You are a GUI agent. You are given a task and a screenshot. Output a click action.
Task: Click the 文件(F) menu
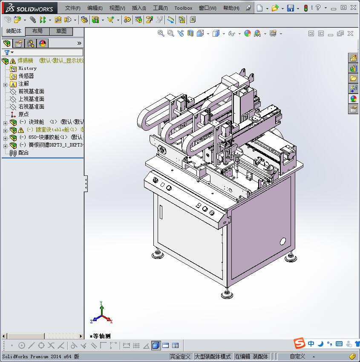(x=72, y=8)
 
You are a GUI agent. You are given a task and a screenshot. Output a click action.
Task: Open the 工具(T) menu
(x=160, y=8)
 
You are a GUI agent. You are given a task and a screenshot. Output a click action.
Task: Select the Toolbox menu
(x=183, y=8)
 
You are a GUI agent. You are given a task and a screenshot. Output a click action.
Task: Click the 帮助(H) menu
(x=231, y=8)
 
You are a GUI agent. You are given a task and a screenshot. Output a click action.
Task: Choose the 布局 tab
(x=37, y=31)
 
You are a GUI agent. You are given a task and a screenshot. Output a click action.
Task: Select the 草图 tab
(x=61, y=31)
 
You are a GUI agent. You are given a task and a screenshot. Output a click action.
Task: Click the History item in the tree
(x=27, y=68)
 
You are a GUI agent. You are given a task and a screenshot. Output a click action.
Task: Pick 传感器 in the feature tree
(x=26, y=76)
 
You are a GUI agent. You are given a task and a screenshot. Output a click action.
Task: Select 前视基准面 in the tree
(x=31, y=91)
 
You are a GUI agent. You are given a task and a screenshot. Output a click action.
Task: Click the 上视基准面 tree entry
(x=31, y=99)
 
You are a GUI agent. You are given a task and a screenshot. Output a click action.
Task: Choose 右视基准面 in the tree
(x=31, y=106)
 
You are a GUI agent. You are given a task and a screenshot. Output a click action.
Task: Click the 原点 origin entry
(x=23, y=114)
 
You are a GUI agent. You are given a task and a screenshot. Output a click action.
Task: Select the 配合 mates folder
(x=23, y=152)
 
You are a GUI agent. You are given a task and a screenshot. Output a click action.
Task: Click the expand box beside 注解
(x=5, y=84)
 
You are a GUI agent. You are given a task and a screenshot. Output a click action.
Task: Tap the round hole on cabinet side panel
(x=282, y=241)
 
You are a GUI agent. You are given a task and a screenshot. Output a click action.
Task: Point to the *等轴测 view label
(x=101, y=336)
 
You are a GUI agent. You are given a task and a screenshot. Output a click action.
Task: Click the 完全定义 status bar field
(x=180, y=356)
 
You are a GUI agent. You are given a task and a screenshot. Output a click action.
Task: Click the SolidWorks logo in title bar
(x=29, y=8)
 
